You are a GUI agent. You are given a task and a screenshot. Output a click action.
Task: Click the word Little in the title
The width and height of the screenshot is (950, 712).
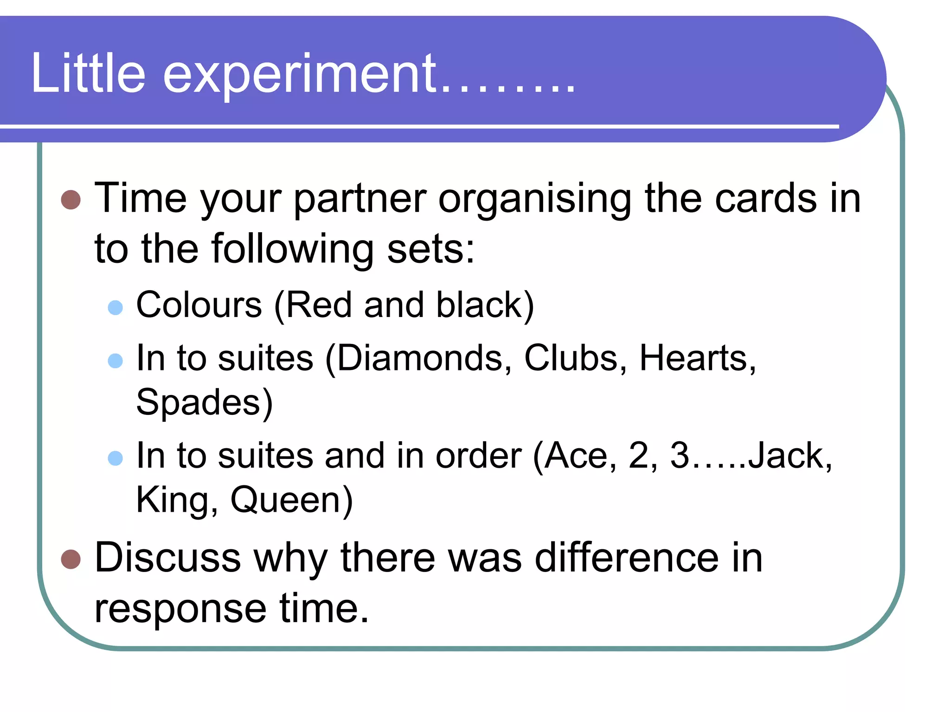point(88,73)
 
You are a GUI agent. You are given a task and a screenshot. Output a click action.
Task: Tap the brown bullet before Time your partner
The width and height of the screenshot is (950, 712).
point(71,199)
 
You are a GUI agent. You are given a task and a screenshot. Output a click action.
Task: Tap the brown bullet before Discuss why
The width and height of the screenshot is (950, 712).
point(71,559)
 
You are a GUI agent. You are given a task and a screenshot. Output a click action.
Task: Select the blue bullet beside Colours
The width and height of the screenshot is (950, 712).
point(115,307)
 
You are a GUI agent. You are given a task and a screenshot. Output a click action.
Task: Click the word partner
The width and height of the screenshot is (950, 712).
point(360,199)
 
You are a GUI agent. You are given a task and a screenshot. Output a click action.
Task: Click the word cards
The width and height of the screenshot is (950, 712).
point(765,198)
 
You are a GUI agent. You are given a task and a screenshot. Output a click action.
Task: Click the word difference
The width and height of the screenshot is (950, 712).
point(626,558)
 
